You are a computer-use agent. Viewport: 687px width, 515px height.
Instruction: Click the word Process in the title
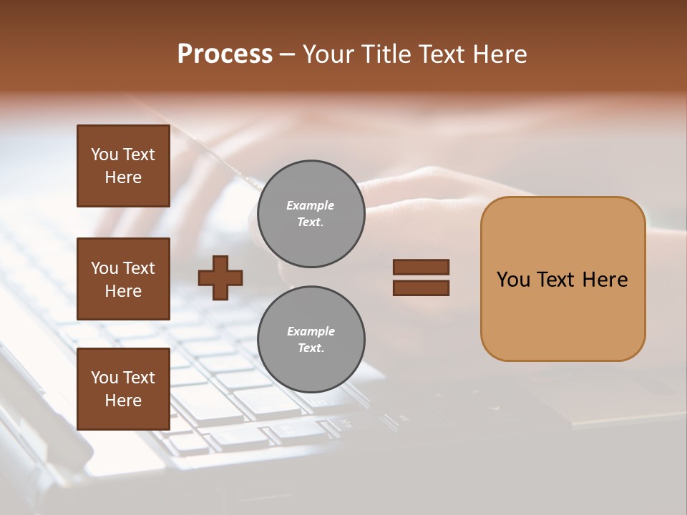[225, 54]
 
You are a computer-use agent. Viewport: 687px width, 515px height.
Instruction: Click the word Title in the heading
[386, 54]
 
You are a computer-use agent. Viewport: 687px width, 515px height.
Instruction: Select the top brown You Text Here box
[123, 166]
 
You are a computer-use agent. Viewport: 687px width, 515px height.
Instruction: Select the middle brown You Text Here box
[123, 279]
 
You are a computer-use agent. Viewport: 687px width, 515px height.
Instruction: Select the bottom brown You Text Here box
[123, 388]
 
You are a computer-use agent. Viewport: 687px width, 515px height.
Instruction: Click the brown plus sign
[220, 278]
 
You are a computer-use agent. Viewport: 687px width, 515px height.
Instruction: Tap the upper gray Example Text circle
[311, 214]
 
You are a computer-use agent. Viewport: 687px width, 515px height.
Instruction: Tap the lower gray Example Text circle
[311, 340]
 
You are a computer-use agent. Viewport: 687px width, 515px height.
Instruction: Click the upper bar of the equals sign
[421, 267]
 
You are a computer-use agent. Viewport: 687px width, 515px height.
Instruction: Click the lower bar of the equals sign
[421, 288]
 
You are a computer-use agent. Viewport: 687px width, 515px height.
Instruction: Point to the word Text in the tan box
[557, 280]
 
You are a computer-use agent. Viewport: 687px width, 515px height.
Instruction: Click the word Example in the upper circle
[311, 206]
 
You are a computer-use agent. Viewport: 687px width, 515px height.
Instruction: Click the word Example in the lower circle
[311, 332]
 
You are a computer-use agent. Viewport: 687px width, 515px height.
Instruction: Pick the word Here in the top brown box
[123, 177]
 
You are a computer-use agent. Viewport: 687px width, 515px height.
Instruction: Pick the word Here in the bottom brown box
[123, 401]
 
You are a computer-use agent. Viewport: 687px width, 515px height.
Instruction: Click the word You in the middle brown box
[104, 268]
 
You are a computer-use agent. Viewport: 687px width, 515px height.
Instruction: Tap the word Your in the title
[328, 54]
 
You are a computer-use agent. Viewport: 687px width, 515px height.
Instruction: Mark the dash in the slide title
[288, 55]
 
